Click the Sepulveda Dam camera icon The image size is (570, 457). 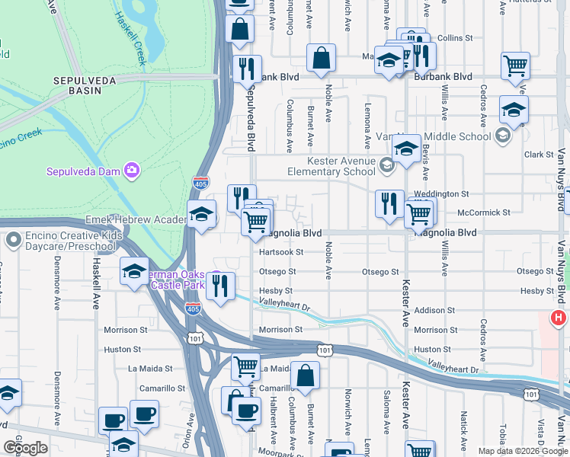coord(133,170)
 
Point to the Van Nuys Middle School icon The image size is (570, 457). coord(503,136)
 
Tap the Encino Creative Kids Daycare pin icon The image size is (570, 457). coord(13,240)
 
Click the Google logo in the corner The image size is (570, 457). coord(25,447)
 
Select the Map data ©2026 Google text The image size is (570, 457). coord(523,451)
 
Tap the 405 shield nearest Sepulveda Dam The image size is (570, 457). coord(198,182)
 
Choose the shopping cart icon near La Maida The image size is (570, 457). coord(245,366)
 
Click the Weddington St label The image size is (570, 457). coord(441,195)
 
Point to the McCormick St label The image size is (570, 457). coord(483,213)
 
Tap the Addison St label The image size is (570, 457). coord(434,311)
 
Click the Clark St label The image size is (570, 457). coord(538,155)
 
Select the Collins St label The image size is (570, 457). coord(456,37)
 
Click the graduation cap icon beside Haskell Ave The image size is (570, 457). coord(134,272)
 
